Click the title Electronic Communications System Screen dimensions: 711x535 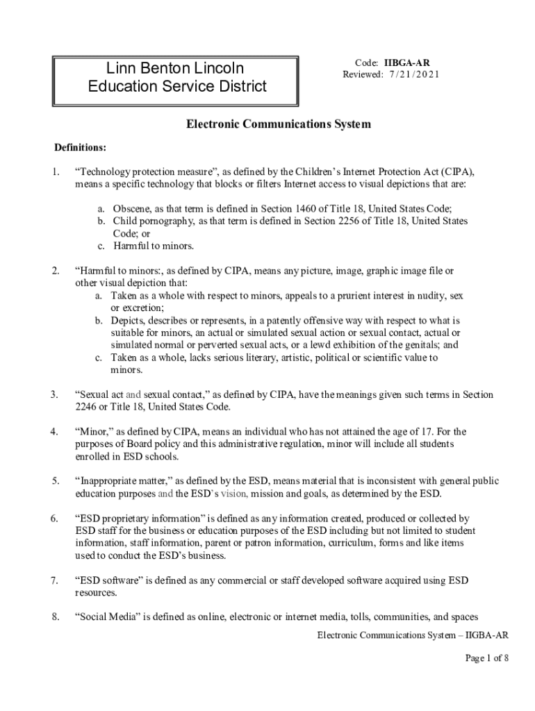[278, 124]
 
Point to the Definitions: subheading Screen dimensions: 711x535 [81, 148]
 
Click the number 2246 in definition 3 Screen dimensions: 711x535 [87, 407]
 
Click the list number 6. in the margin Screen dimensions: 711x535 [54, 519]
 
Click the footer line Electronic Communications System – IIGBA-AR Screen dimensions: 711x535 [413, 635]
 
